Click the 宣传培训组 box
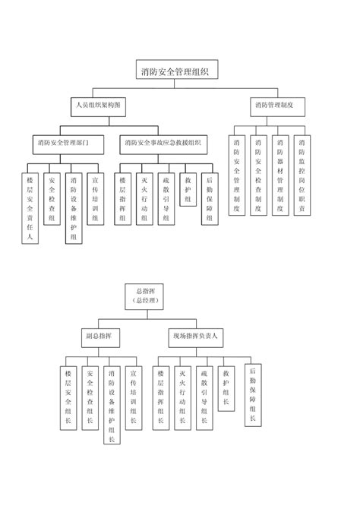(x=94, y=199)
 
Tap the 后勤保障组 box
(x=209, y=199)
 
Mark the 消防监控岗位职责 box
(x=302, y=175)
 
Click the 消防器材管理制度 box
(x=280, y=175)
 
